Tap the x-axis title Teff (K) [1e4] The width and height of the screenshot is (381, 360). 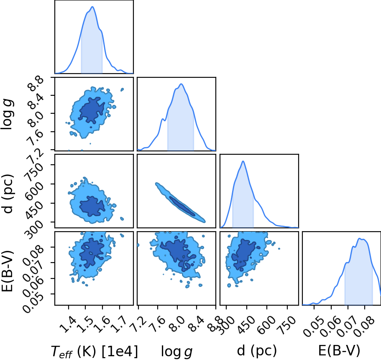[94, 352]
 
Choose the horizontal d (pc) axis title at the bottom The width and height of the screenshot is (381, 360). [257, 351]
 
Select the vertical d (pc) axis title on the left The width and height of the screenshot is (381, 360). [8, 194]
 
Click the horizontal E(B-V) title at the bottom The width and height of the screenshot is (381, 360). [339, 351]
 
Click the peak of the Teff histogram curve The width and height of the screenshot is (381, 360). [92, 7]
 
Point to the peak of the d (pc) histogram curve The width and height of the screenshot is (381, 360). [243, 161]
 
